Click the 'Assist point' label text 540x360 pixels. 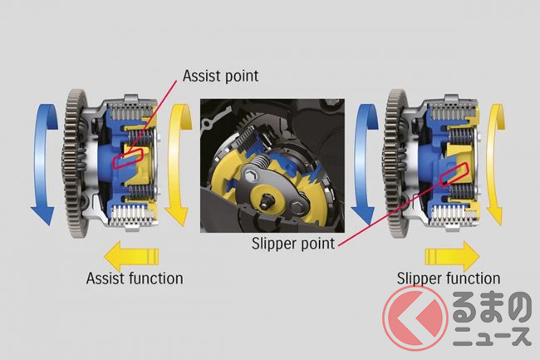click(x=220, y=76)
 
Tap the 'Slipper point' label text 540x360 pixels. click(x=293, y=244)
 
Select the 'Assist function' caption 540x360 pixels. click(x=135, y=279)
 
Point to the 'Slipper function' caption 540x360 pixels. click(x=449, y=279)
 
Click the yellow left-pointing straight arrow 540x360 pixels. click(x=131, y=257)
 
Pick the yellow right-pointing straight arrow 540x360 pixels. click(x=453, y=257)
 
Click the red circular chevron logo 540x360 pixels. click(x=415, y=318)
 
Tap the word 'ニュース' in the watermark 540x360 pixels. click(x=492, y=336)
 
